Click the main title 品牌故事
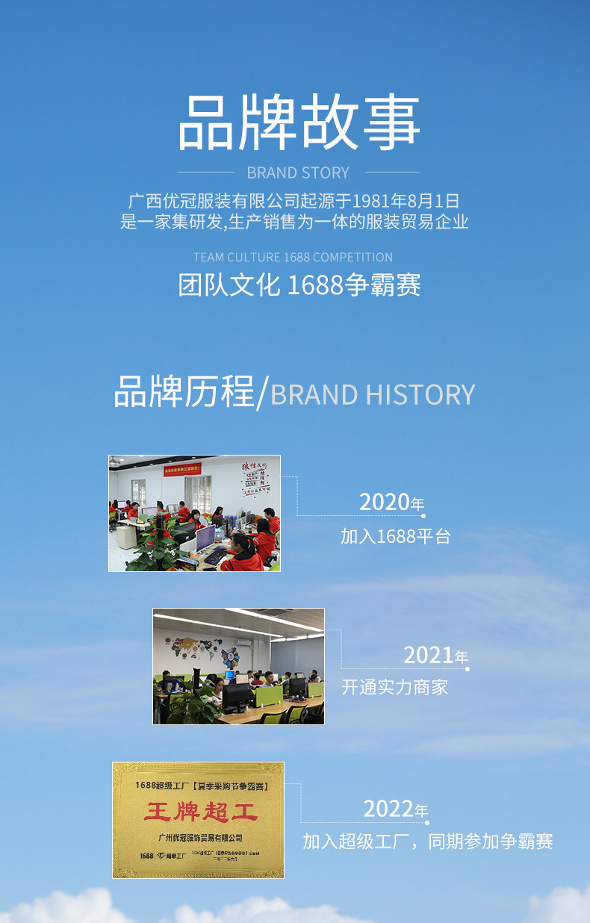pyautogui.click(x=299, y=122)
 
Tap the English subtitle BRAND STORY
pyautogui.click(x=298, y=173)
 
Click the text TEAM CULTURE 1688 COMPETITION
pyautogui.click(x=293, y=257)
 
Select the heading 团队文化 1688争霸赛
pyautogui.click(x=299, y=285)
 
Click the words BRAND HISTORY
pyautogui.click(x=373, y=394)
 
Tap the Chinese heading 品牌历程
pyautogui.click(x=184, y=392)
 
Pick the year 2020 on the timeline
pyautogui.click(x=385, y=502)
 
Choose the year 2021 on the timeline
pyautogui.click(x=429, y=655)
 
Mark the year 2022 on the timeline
pyautogui.click(x=389, y=809)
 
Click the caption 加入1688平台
pyautogui.click(x=396, y=535)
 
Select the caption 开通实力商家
pyautogui.click(x=395, y=687)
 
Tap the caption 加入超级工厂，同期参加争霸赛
pyautogui.click(x=428, y=842)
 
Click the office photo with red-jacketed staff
pyautogui.click(x=195, y=513)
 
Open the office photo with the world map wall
pyautogui.click(x=239, y=666)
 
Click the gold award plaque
pyautogui.click(x=199, y=820)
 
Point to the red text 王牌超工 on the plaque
pyautogui.click(x=199, y=812)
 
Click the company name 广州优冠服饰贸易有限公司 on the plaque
pyautogui.click(x=200, y=838)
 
